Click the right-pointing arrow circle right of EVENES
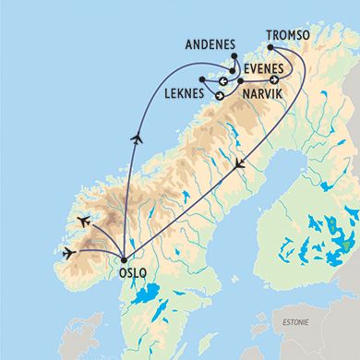click(x=274, y=79)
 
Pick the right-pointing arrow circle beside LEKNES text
click(x=220, y=95)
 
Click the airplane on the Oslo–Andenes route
click(x=137, y=139)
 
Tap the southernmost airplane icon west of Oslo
click(x=67, y=251)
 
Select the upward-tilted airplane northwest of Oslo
click(x=82, y=221)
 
